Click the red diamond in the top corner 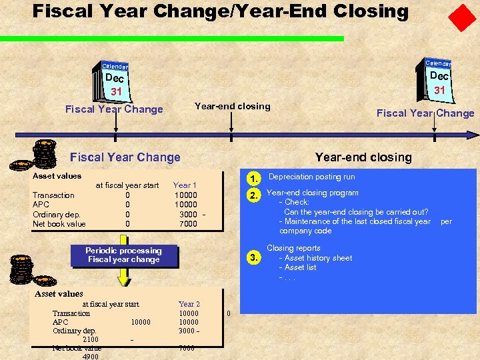point(462,17)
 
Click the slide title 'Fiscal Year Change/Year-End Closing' point(220,11)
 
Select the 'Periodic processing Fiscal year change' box point(123,255)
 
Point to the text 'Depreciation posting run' point(311,177)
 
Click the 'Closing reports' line point(293,248)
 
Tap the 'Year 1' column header point(185,185)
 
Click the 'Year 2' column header point(189,304)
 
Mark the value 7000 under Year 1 point(188,224)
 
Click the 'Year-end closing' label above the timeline point(232,106)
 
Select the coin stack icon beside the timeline point(45,153)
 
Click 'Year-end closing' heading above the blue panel point(363,157)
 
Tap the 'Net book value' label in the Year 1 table point(59,224)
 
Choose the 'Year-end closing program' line point(312,193)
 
